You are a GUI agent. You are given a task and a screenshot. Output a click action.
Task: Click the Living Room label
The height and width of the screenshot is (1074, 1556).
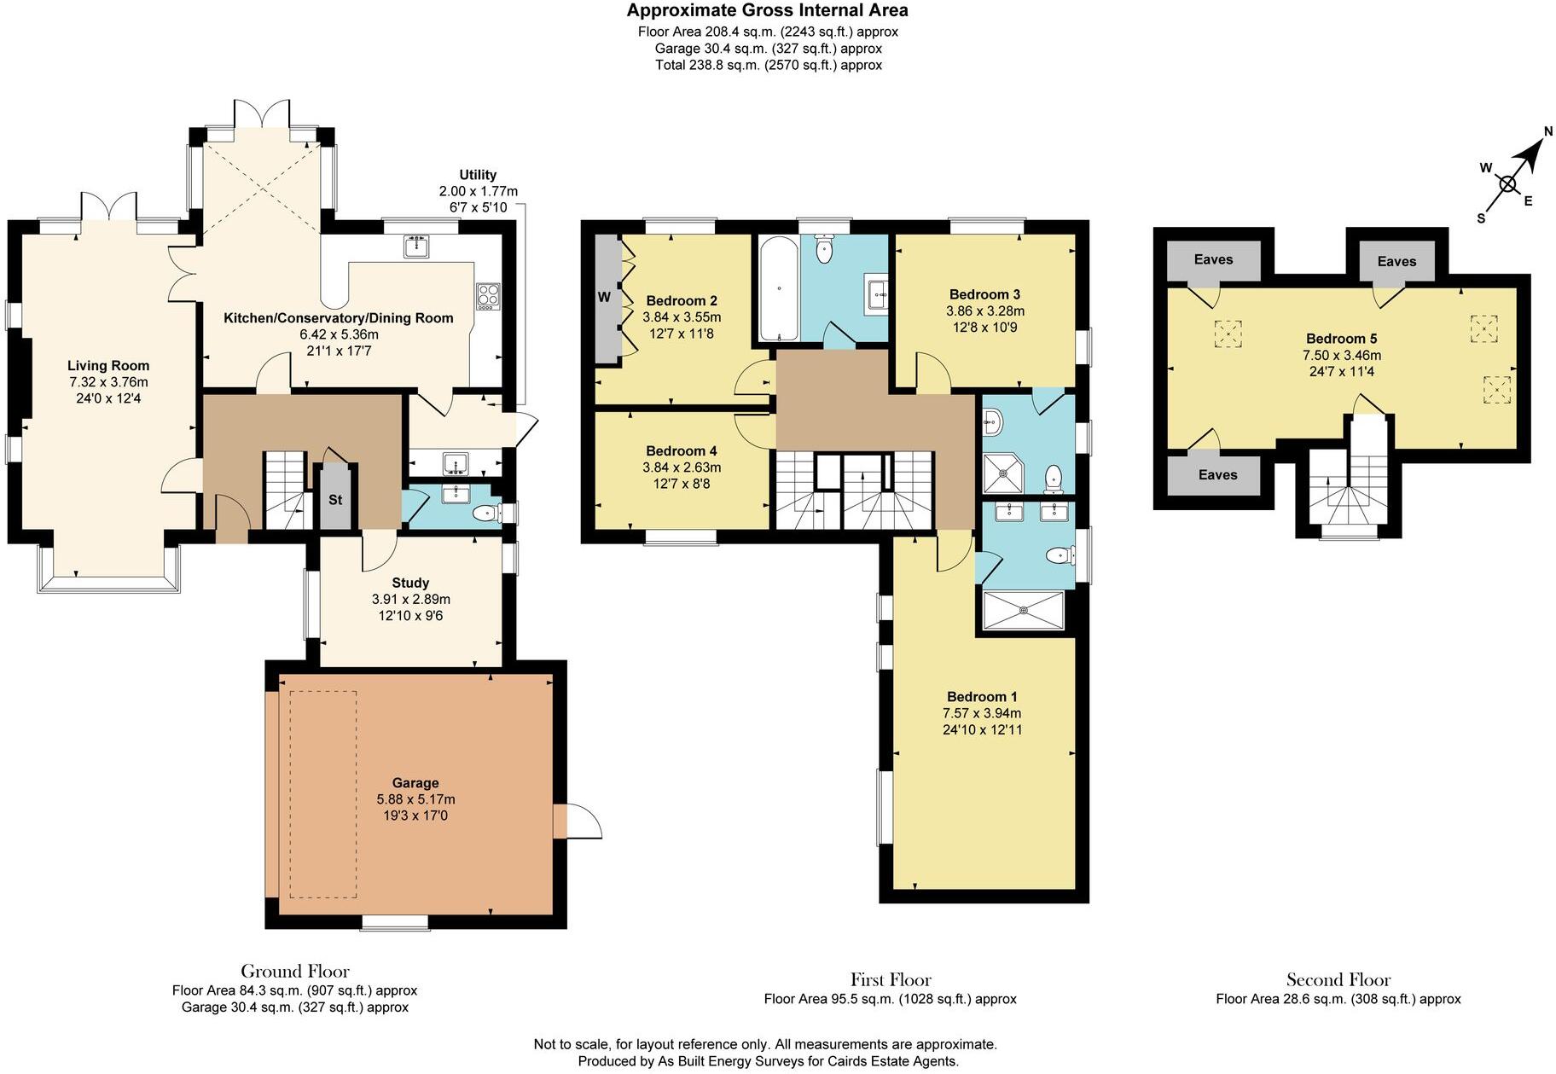point(108,366)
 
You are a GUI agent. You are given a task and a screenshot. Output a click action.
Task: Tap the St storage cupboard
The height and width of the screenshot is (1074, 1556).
point(335,498)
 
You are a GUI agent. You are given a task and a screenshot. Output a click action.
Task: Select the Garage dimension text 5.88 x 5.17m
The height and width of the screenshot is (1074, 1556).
point(415,799)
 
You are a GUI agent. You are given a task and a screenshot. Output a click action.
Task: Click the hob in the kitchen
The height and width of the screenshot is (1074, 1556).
point(488,296)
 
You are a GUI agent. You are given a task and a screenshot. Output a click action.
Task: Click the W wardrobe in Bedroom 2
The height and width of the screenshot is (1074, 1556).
point(605,298)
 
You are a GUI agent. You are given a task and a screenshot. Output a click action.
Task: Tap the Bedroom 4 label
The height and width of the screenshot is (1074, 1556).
point(681,450)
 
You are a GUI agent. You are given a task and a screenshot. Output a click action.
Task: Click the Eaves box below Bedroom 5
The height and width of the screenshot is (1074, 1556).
point(1216,475)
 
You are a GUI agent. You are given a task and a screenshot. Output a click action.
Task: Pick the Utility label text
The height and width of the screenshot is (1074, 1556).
point(478,175)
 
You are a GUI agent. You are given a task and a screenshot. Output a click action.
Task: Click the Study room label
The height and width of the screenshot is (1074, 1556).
point(410,583)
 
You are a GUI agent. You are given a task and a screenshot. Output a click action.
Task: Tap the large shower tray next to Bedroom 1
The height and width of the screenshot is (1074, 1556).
point(1023,610)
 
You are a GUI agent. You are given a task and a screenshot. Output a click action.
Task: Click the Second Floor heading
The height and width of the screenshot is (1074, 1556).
point(1338,980)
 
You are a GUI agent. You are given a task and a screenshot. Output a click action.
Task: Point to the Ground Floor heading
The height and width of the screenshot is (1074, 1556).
point(294,971)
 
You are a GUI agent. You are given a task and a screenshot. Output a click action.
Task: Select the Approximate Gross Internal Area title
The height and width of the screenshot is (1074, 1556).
point(767,11)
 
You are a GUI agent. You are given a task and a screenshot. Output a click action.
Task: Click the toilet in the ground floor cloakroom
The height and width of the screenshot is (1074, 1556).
point(486,513)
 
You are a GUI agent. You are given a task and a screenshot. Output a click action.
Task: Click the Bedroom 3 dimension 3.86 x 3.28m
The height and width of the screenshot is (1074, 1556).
point(984,311)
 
